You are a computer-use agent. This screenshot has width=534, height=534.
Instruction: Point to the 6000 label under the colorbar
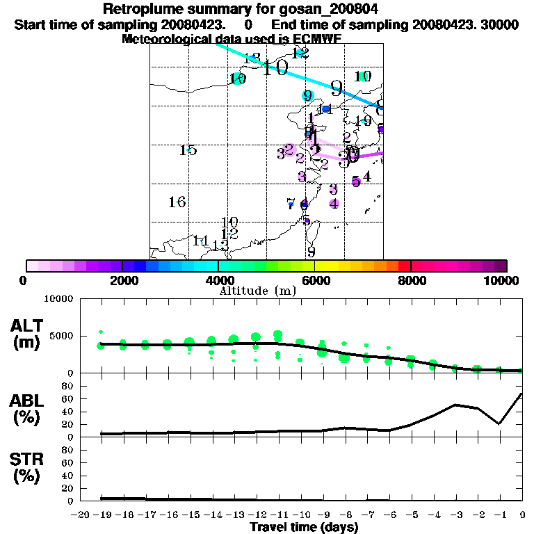point(315,280)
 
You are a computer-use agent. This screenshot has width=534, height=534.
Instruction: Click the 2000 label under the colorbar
point(122,280)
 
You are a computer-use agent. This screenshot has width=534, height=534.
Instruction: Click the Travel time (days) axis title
point(304,528)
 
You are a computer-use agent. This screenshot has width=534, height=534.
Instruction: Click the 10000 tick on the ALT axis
point(58,300)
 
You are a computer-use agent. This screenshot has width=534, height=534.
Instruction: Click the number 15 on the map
point(188,150)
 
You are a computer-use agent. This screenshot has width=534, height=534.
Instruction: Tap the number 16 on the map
point(177,202)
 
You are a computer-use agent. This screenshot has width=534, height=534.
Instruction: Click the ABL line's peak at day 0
point(521,394)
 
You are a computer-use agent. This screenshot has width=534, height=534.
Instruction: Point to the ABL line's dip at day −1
point(499,423)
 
